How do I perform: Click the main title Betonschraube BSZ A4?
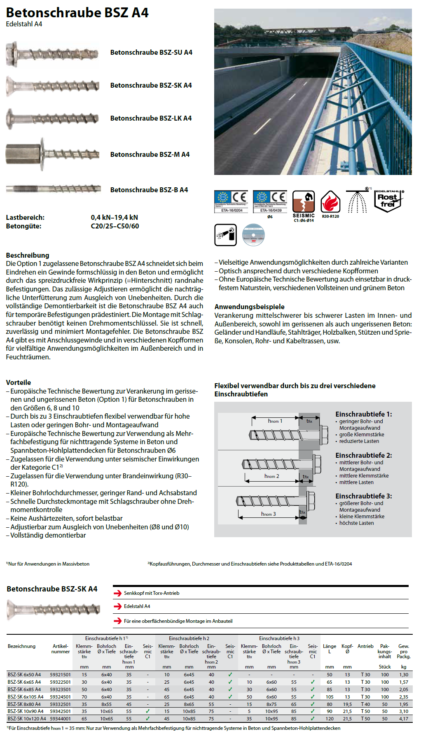coord(77,13)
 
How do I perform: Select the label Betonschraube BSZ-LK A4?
coord(151,118)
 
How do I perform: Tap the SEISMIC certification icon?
coord(304,204)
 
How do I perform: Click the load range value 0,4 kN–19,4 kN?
coord(115,217)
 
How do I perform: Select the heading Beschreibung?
coord(28,255)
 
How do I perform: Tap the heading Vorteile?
coord(19,382)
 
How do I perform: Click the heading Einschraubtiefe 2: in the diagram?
coord(364,455)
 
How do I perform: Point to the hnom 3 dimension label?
coord(268,514)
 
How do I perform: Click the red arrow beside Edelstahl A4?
coord(118,606)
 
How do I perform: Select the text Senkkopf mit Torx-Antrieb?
coord(152,593)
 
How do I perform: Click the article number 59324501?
coord(60,697)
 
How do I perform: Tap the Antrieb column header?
coord(365,646)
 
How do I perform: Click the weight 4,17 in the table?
coord(404,719)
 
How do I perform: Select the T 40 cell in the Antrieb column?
coord(365,704)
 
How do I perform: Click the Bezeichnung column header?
coord(21,646)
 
